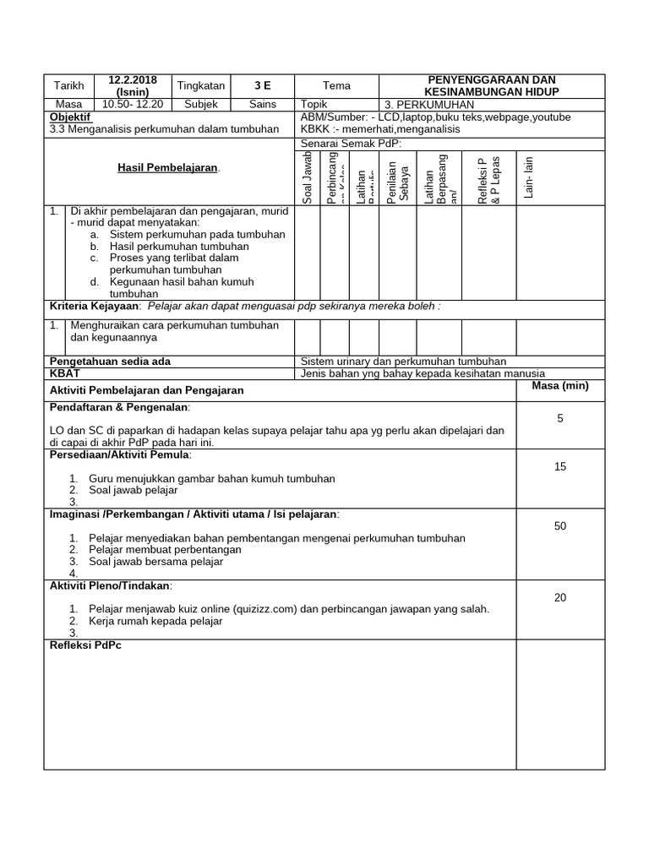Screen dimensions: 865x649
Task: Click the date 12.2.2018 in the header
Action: click(x=133, y=79)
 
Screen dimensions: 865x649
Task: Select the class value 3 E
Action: click(x=264, y=85)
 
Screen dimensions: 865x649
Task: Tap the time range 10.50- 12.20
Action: click(x=133, y=104)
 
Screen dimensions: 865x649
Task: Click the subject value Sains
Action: click(x=263, y=104)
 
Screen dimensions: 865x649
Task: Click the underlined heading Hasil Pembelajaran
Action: click(x=168, y=168)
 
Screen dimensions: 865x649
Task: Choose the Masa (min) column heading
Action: click(x=560, y=386)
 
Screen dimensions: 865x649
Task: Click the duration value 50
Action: click(x=560, y=526)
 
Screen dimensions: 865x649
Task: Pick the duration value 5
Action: click(x=560, y=418)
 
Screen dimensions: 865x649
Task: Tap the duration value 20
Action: click(x=560, y=597)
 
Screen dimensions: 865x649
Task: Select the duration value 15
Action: click(x=560, y=466)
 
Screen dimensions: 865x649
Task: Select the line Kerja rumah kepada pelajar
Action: click(x=155, y=621)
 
